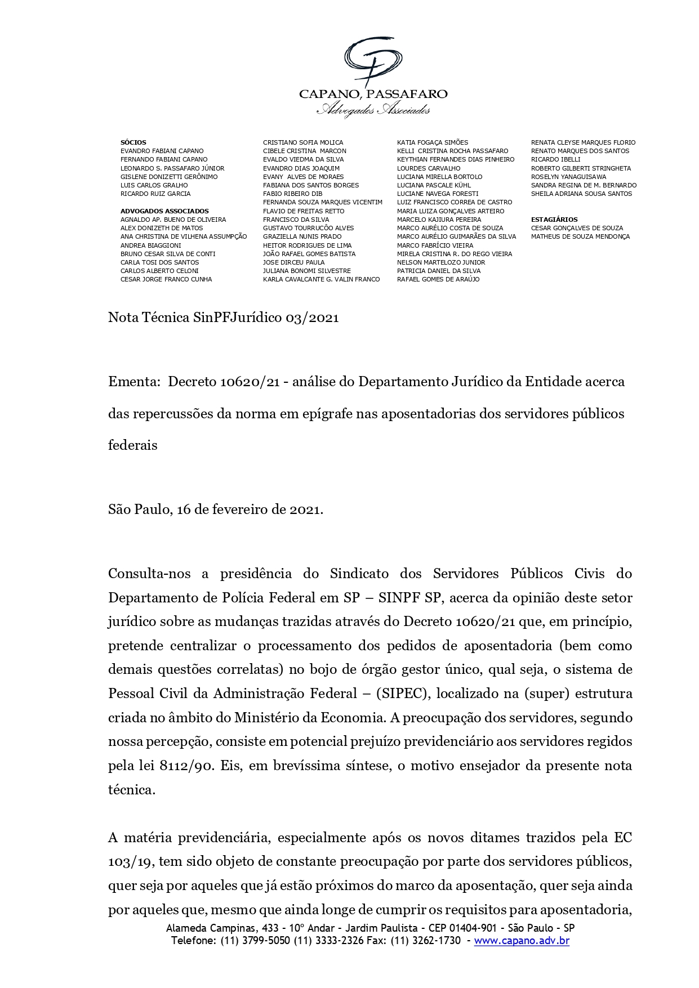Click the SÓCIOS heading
(133, 142)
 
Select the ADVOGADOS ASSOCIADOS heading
(164, 211)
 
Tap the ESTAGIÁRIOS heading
(554, 220)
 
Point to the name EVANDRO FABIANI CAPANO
(162, 151)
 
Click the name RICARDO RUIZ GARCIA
(155, 194)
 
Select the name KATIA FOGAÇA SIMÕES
(432, 142)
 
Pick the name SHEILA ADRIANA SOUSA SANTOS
(581, 194)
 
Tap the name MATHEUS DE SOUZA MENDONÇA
(580, 236)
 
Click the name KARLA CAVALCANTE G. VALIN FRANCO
(321, 279)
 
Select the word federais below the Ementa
(132, 445)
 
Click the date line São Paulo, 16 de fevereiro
(215, 510)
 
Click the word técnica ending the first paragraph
(131, 790)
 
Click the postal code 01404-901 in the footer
(470, 928)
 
